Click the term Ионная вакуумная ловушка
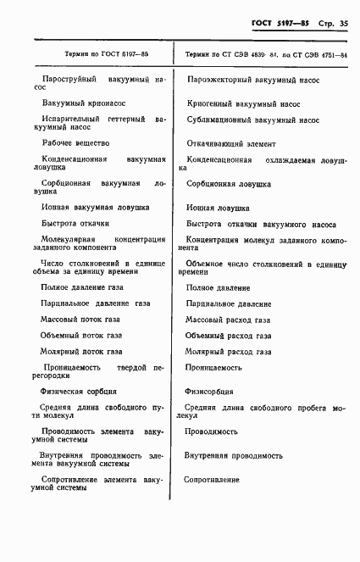(96, 207)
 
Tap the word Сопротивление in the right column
(213, 480)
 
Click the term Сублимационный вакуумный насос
(252, 120)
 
